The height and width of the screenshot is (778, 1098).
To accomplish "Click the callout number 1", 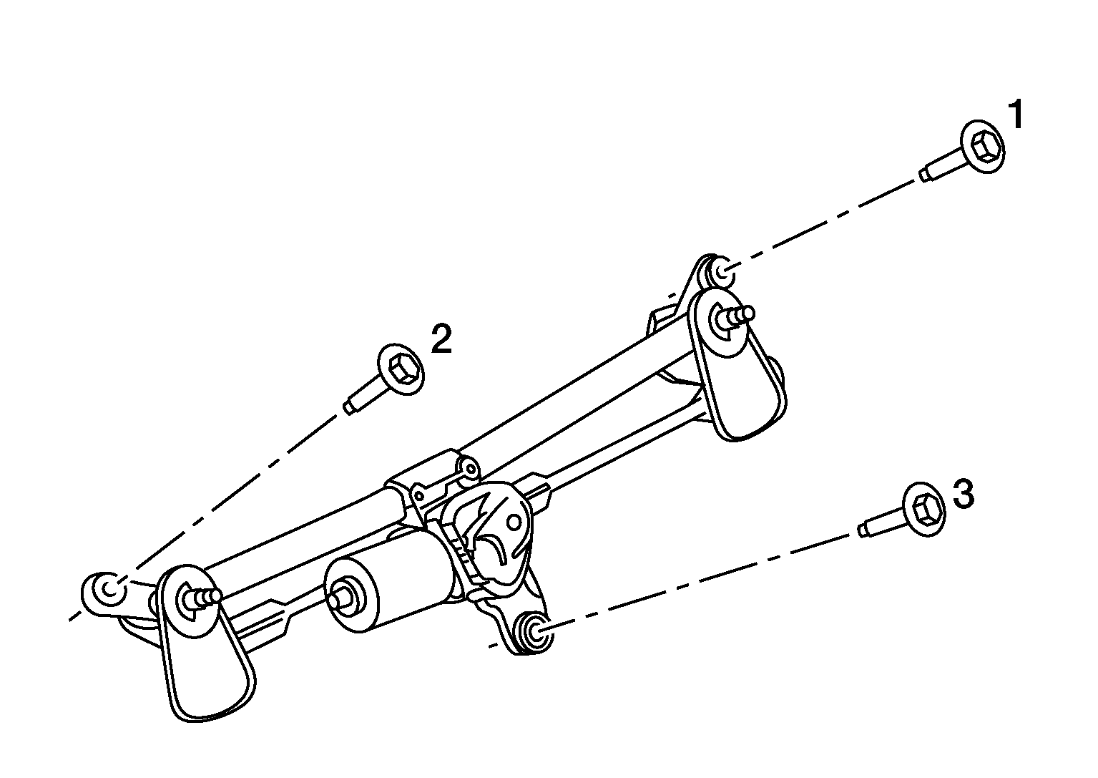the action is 1016,115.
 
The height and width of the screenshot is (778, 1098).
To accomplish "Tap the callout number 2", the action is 441,338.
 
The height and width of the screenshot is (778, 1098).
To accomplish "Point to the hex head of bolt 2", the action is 401,369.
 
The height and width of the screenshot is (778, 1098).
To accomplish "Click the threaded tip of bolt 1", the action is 923,175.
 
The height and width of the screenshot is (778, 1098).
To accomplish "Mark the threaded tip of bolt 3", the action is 863,530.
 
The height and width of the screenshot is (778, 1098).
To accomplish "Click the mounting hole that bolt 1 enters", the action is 721,271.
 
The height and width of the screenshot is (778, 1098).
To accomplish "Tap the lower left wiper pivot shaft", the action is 202,598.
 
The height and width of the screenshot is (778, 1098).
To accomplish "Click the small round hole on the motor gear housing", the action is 514,523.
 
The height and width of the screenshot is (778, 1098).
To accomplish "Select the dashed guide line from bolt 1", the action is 821,224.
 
